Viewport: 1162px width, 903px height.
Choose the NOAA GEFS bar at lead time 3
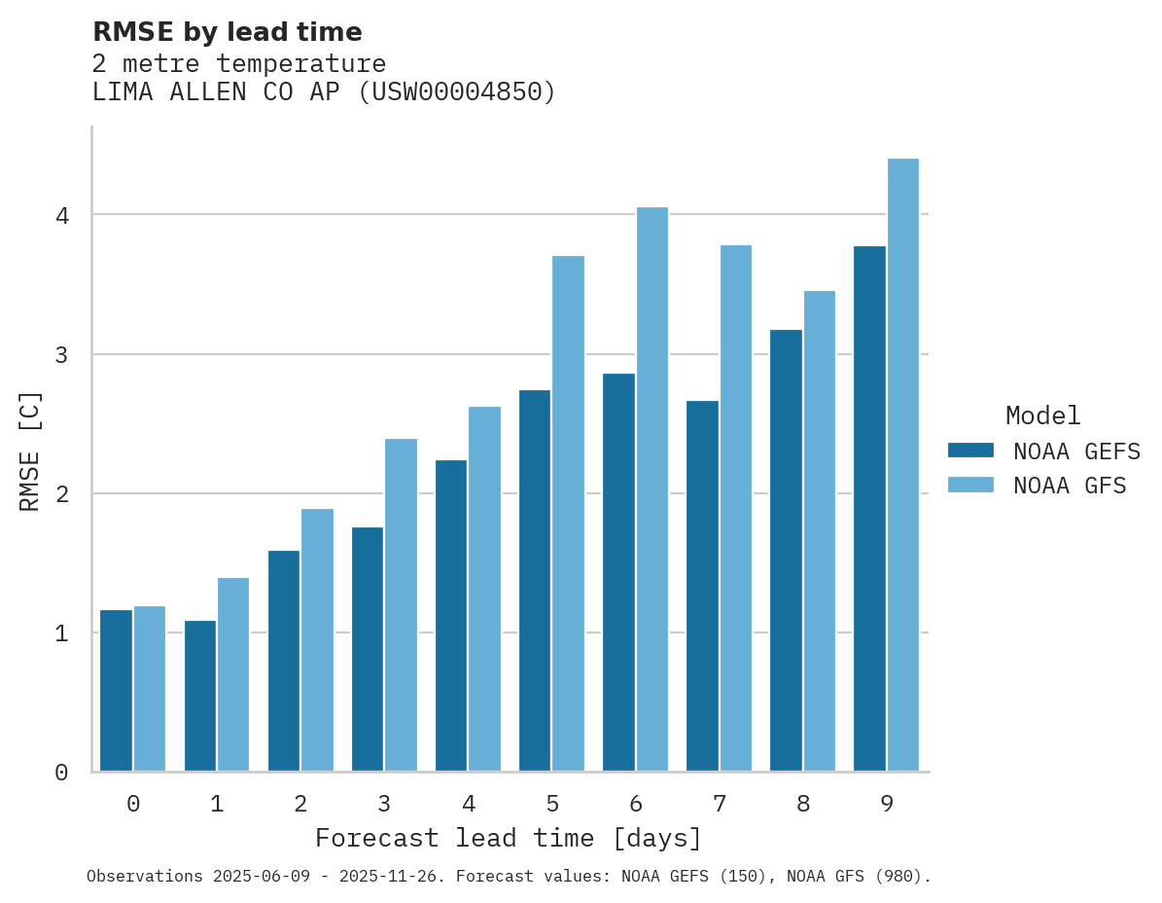(x=368, y=649)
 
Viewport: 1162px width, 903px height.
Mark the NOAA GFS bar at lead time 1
(x=233, y=674)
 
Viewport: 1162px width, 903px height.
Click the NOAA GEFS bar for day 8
(x=787, y=551)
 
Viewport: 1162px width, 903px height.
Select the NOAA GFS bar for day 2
(x=317, y=640)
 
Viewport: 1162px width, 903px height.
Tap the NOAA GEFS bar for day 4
(x=451, y=616)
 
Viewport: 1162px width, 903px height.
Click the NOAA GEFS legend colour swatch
(x=970, y=451)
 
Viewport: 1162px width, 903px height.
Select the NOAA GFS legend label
(x=1070, y=486)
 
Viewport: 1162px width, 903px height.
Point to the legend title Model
(x=1042, y=416)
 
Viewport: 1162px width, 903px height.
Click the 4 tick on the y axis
(x=62, y=215)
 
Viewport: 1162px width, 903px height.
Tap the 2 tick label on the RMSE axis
(x=62, y=494)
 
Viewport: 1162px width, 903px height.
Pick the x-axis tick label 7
(x=720, y=805)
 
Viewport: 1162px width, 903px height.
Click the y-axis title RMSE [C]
(x=31, y=451)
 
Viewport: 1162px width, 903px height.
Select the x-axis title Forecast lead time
(x=508, y=839)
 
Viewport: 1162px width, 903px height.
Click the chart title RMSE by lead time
(x=228, y=32)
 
